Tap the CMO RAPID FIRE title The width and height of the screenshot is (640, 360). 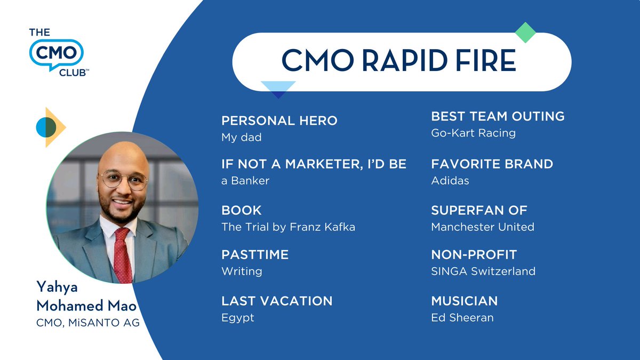pos(398,60)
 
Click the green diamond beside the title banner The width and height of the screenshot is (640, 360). pos(525,33)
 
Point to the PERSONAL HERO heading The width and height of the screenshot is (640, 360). pos(279,121)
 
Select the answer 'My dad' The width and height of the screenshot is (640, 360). pos(241,137)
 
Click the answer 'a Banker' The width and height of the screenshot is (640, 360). pos(245,180)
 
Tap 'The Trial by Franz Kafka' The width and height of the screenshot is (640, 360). pos(288,227)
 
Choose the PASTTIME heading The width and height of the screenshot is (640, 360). pos(255,254)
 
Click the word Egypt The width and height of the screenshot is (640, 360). pos(238,317)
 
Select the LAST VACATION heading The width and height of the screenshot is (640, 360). pos(277,301)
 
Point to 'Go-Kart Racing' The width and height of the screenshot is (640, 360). pos(473,133)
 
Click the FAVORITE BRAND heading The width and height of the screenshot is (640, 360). pos(492,164)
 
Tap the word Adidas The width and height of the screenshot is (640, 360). pos(450,180)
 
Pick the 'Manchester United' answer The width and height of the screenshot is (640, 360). pos(482,227)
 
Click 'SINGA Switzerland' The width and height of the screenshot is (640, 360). pos(483,271)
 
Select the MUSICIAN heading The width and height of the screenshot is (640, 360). pos(464,301)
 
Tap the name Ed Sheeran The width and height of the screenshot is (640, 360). pos(462,317)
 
